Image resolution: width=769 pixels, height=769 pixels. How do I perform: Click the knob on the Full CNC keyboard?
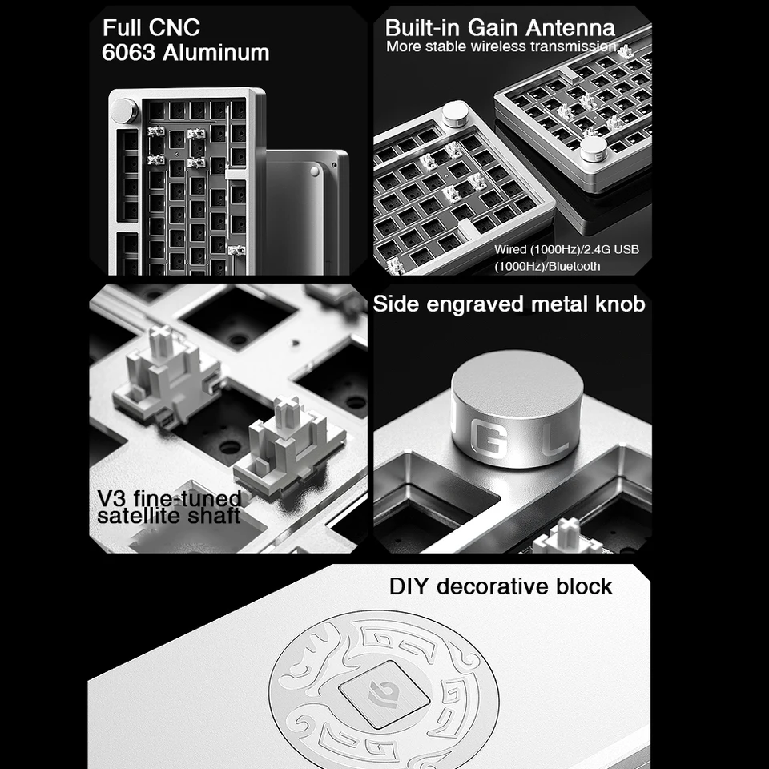(x=123, y=111)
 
